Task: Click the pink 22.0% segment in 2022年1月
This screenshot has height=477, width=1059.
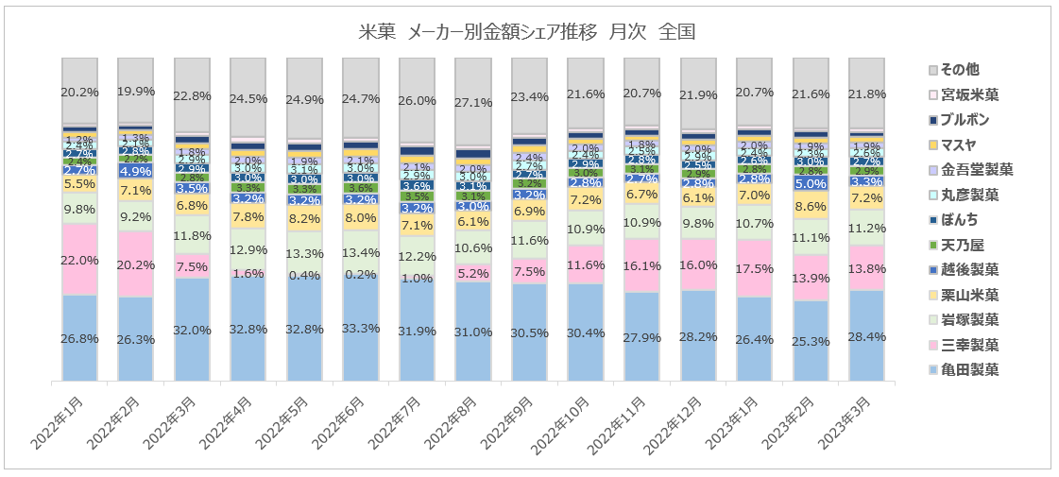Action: pyautogui.click(x=79, y=260)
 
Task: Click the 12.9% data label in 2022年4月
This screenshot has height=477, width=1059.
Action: pyautogui.click(x=248, y=248)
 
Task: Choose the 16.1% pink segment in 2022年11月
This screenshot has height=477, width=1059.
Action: pyautogui.click(x=641, y=266)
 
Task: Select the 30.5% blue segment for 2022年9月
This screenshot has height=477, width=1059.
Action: pyautogui.click(x=529, y=332)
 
